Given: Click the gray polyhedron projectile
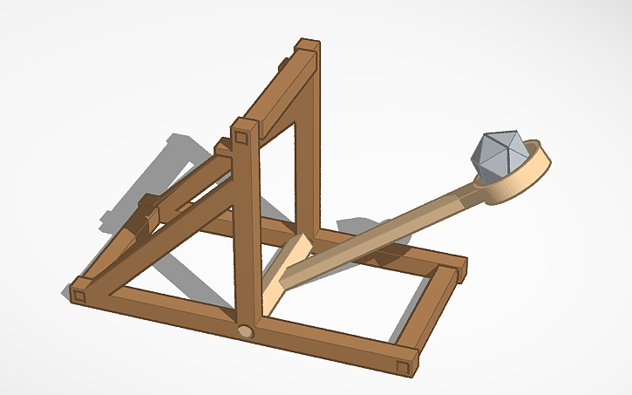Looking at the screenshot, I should tap(498, 154).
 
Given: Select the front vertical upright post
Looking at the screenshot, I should tap(247, 227).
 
